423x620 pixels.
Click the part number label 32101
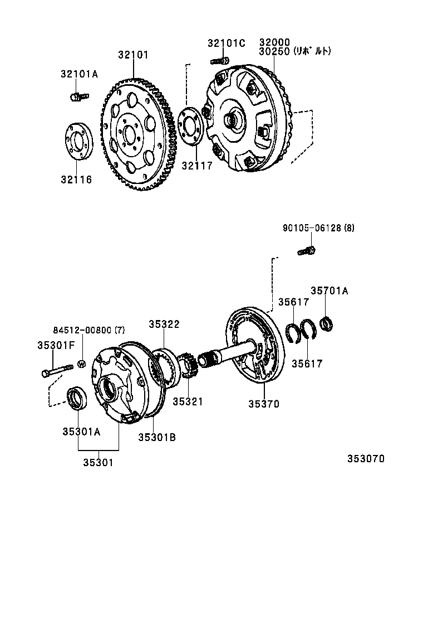coord(133,55)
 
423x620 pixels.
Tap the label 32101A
coord(79,74)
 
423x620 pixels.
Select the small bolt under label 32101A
coord(78,97)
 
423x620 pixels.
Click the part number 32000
coord(274,42)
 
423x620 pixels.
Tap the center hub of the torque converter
coord(232,120)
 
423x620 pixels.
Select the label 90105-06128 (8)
coord(318,227)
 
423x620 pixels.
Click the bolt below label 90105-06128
coord(307,250)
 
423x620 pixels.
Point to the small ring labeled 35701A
coord(327,323)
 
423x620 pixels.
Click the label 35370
coord(264,404)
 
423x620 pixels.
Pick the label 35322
coord(164,324)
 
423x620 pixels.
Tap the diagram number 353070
coord(366,459)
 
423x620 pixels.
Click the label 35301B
coord(157,437)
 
